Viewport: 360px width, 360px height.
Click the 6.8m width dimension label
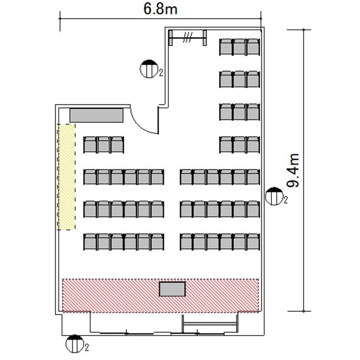(x=160, y=9)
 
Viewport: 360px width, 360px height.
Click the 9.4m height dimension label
(x=293, y=170)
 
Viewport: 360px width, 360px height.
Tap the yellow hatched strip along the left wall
(x=66, y=177)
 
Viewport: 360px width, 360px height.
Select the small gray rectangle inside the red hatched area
(x=172, y=289)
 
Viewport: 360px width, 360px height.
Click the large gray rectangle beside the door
(x=96, y=116)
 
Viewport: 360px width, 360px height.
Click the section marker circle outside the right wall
(x=274, y=196)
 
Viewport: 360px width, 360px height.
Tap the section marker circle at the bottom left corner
(x=75, y=344)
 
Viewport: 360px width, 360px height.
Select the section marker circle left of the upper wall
(x=149, y=69)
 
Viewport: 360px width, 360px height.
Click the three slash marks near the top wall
(x=188, y=38)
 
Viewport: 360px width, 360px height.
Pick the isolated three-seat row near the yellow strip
(x=103, y=145)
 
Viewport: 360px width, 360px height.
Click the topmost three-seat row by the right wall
(x=240, y=47)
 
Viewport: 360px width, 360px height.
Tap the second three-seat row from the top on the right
(x=240, y=79)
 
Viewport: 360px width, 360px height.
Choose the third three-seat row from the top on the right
(x=240, y=112)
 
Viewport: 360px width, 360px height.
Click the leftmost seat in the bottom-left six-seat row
(x=90, y=242)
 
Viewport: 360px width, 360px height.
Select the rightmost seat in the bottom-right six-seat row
(x=253, y=242)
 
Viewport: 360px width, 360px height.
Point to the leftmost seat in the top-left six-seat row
(x=90, y=177)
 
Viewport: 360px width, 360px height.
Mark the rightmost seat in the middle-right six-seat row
(x=253, y=209)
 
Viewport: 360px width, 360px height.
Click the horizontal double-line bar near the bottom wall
(x=210, y=324)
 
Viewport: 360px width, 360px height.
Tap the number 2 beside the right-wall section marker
(x=285, y=200)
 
